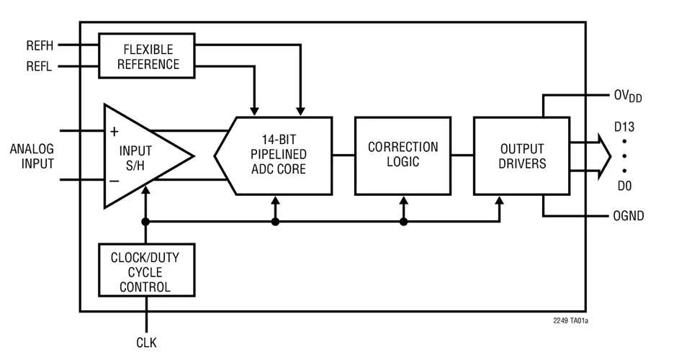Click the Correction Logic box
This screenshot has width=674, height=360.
(x=403, y=154)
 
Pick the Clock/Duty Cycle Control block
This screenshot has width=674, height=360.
(x=147, y=272)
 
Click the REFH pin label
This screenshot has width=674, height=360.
(x=40, y=45)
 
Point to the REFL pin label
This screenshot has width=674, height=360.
(x=40, y=68)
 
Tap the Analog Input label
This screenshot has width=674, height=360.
(x=32, y=156)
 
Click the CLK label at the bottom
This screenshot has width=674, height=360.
(x=146, y=343)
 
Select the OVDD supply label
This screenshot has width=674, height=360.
(x=627, y=96)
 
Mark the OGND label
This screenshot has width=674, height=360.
(x=628, y=215)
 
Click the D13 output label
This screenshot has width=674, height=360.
(x=624, y=127)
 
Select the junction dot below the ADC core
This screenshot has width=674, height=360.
(x=275, y=222)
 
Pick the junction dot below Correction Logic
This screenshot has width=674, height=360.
(x=403, y=222)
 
